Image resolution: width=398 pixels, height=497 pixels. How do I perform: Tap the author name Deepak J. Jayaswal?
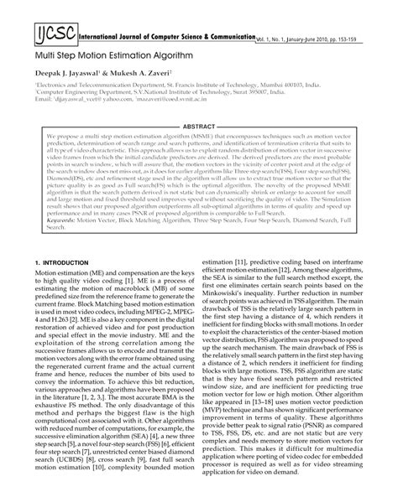pyautogui.click(x=70, y=84)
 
